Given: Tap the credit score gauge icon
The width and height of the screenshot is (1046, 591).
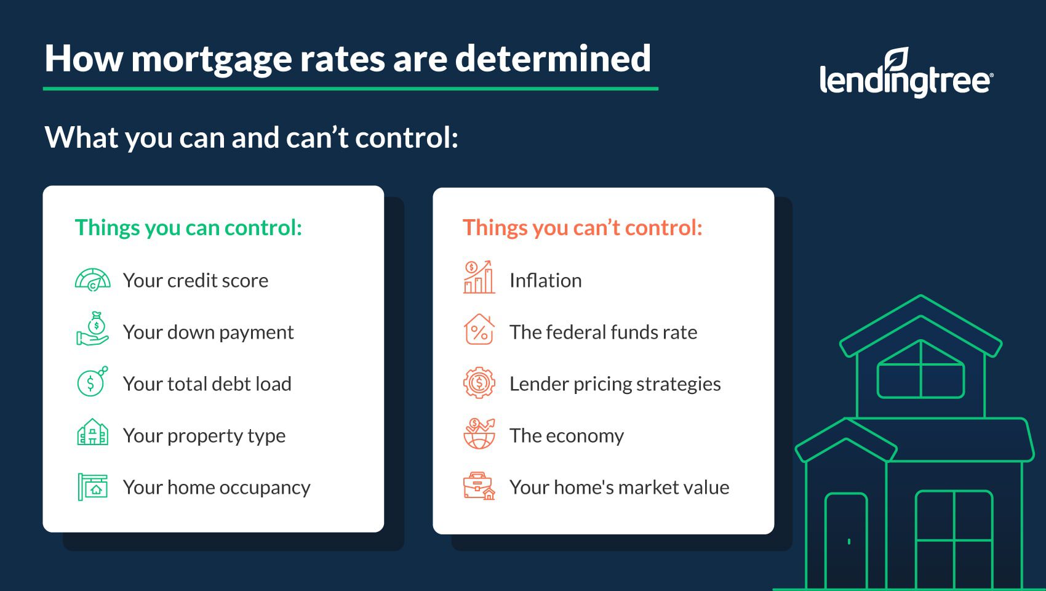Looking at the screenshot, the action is click(93, 280).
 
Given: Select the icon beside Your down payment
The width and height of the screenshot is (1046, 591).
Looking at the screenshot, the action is click(92, 329).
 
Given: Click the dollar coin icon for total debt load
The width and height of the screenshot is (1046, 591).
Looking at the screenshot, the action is click(92, 382).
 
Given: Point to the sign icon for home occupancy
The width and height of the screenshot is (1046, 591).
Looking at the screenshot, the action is click(92, 486).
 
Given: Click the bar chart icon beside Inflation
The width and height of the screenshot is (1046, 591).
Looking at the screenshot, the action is click(479, 277).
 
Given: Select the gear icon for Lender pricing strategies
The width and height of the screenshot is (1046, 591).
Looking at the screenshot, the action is click(479, 383).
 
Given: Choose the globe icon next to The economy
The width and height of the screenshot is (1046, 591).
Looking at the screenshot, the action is click(479, 433).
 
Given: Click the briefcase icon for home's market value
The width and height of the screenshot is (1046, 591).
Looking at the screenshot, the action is click(479, 486).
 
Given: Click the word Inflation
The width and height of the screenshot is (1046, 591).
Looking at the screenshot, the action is click(545, 280).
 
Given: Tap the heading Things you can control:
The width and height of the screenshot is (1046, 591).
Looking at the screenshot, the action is click(189, 228).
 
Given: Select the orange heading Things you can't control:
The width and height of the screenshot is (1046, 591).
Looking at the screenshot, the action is click(582, 228).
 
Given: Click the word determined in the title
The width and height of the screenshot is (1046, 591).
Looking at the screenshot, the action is click(553, 58).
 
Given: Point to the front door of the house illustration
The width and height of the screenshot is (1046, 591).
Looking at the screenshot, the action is click(846, 541).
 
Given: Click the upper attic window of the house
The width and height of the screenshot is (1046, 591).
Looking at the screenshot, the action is click(921, 369).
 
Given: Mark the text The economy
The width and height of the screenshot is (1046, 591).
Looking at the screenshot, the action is click(567, 436).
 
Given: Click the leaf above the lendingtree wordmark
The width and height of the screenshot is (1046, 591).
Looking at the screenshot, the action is click(897, 59).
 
